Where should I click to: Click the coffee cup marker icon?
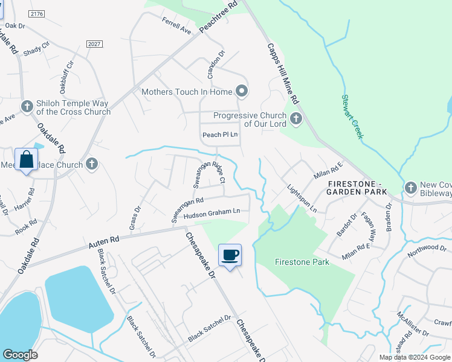click(230, 255)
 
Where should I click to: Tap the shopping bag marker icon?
click(26, 160)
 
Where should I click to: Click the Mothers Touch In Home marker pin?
click(242, 92)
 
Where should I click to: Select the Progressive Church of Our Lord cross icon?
click(295, 118)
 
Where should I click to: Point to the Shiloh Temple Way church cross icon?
click(27, 107)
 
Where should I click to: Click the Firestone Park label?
click(302, 262)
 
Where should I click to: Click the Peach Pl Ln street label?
click(220, 135)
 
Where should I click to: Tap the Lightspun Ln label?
click(302, 198)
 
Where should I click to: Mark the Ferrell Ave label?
click(176, 25)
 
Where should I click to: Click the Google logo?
click(20, 355)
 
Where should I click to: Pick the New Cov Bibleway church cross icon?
click(411, 188)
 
